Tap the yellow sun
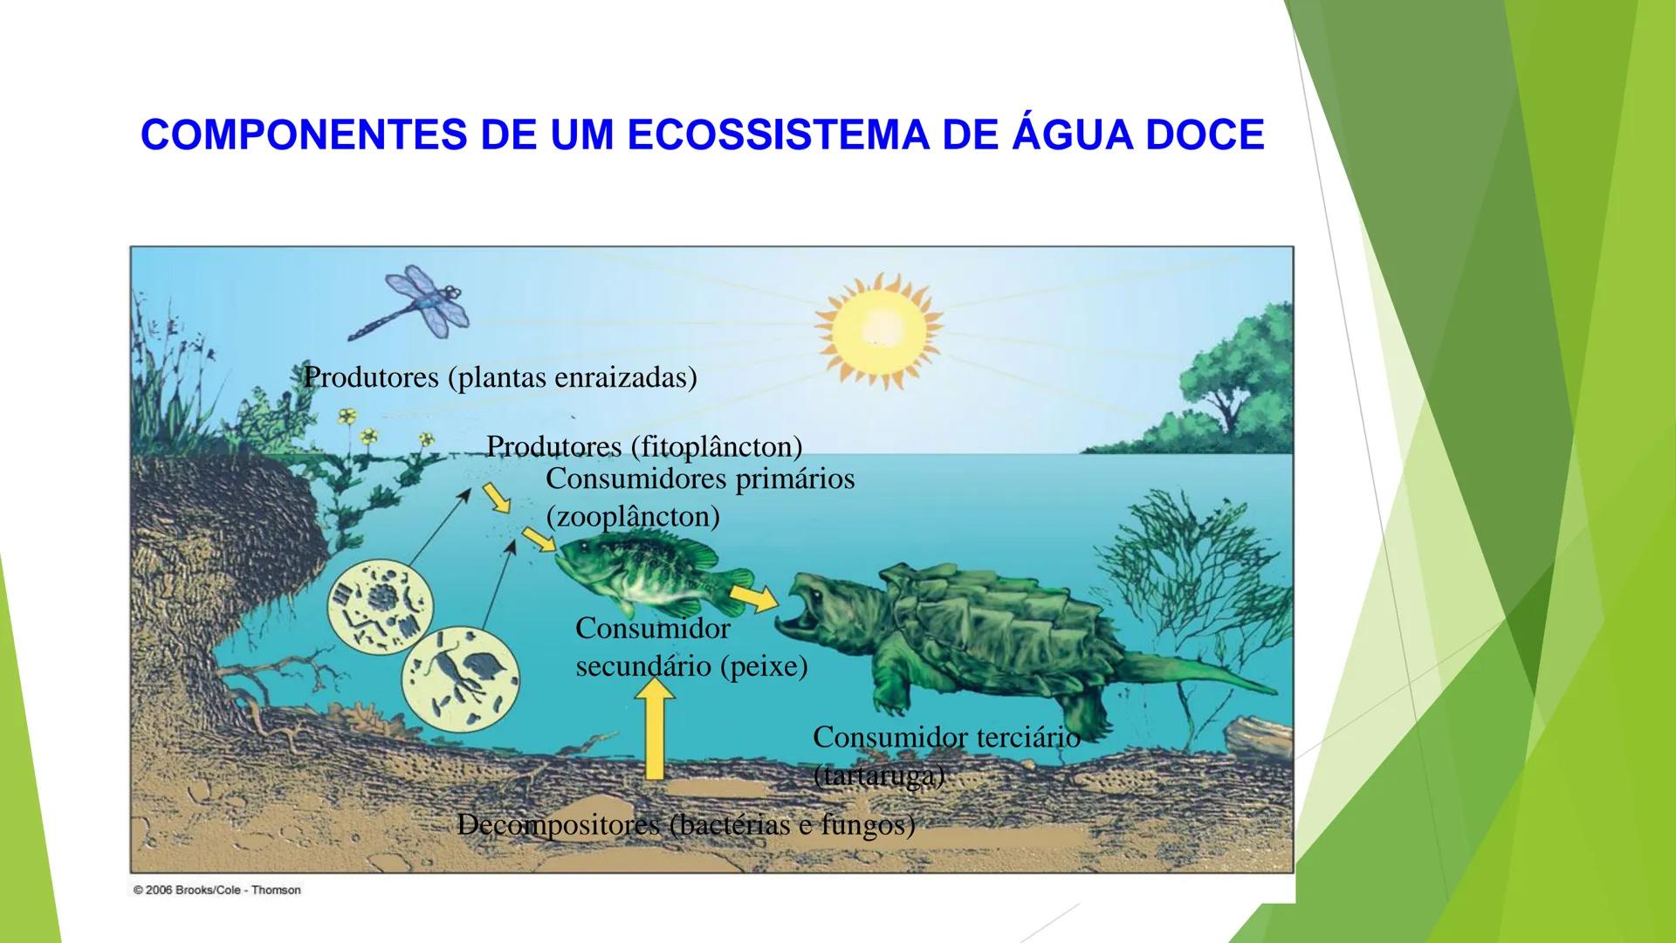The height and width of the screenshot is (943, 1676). (879, 330)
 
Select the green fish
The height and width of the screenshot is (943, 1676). (653, 576)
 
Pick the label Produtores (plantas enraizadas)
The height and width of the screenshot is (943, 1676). (500, 377)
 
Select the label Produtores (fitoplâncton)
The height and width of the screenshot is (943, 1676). (644, 446)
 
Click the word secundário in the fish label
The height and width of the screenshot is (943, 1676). (643, 666)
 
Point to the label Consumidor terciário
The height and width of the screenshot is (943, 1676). (946, 738)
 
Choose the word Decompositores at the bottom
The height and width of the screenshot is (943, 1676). (559, 825)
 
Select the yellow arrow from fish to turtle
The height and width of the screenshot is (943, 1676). (755, 598)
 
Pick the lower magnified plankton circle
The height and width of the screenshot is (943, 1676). (460, 678)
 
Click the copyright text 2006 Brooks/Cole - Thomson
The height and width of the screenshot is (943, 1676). (216, 890)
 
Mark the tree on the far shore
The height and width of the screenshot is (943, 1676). (1222, 384)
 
